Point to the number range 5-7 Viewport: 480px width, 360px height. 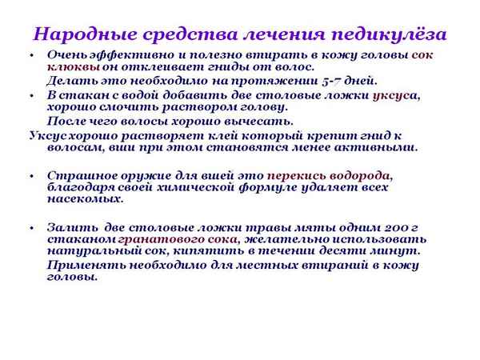tap(314, 81)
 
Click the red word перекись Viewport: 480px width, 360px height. tap(296, 174)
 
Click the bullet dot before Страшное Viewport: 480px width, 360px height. tap(30, 175)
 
